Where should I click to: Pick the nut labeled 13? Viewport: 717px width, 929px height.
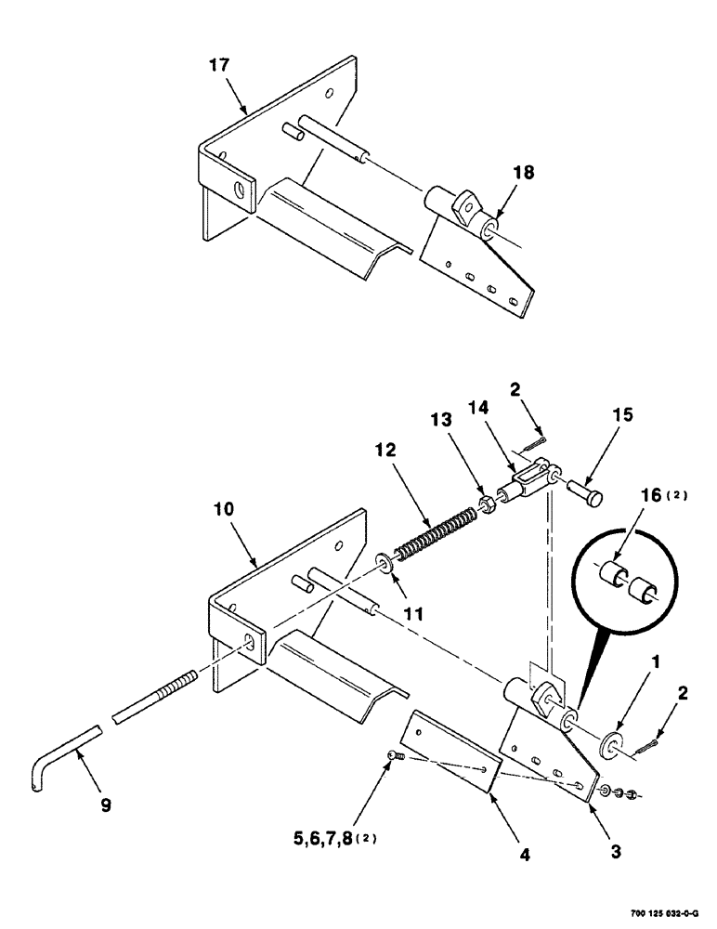point(484,505)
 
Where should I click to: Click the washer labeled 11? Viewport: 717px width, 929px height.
point(382,563)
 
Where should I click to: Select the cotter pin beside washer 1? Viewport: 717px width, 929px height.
point(647,743)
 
